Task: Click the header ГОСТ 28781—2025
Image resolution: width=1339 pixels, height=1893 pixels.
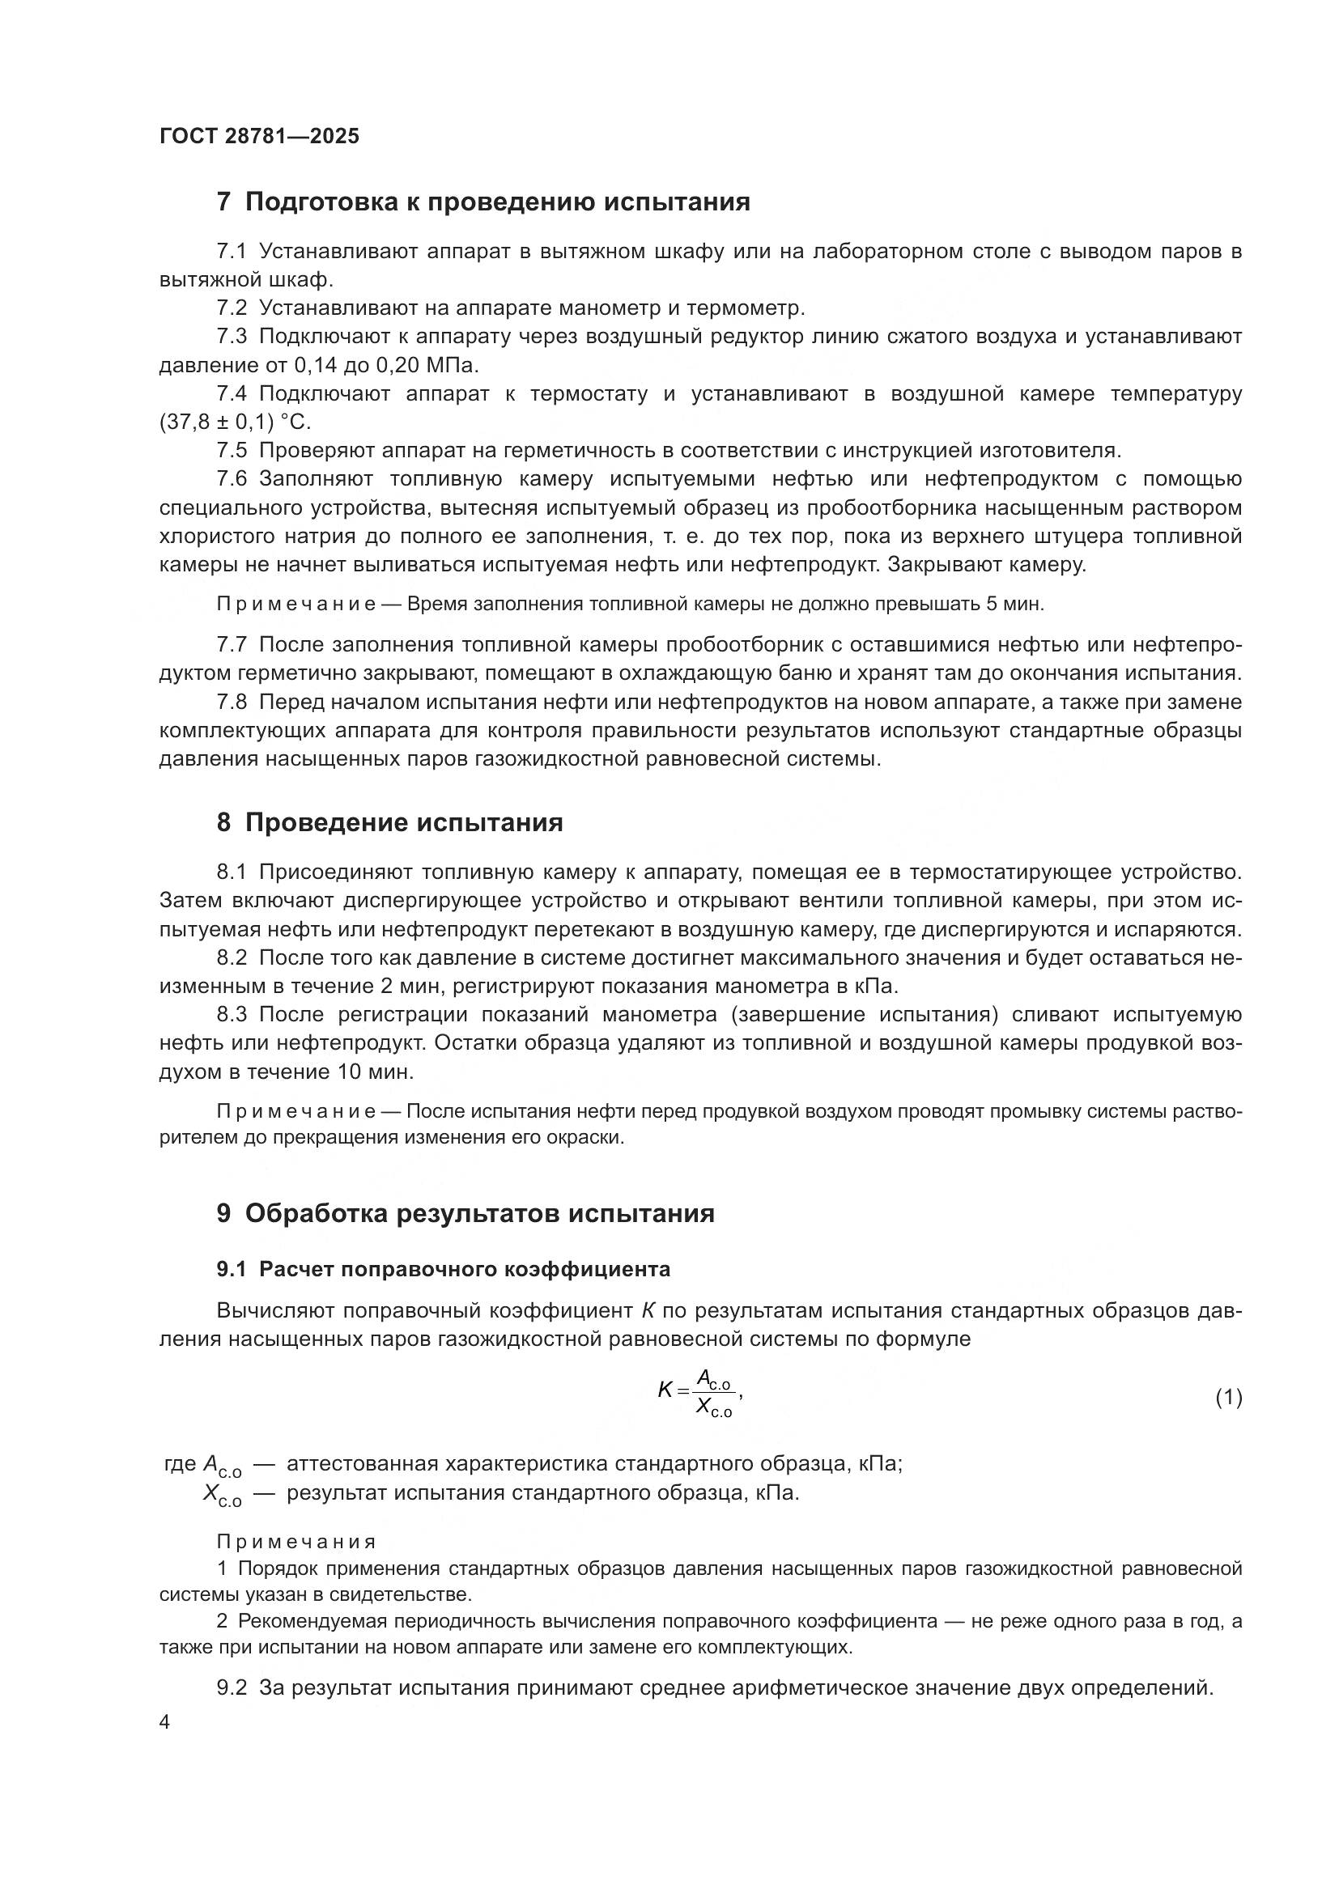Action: click(x=259, y=136)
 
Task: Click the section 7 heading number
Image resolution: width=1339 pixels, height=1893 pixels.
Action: click(x=223, y=202)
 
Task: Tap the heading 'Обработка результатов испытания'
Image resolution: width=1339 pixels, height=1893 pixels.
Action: click(x=479, y=1214)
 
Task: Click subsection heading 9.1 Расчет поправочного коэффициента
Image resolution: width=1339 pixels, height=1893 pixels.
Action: click(x=444, y=1270)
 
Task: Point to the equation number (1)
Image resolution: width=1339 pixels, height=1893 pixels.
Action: click(x=1229, y=1398)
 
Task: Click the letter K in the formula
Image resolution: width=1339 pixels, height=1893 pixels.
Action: click(x=665, y=1390)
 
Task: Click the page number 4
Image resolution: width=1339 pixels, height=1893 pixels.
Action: click(x=164, y=1723)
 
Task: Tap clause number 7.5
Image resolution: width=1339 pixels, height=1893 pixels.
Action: click(x=232, y=451)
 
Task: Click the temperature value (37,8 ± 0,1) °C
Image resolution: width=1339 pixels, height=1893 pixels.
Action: click(x=235, y=422)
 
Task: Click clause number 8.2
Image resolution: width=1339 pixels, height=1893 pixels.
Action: click(x=232, y=958)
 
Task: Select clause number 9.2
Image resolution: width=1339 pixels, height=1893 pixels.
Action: click(x=232, y=1687)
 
